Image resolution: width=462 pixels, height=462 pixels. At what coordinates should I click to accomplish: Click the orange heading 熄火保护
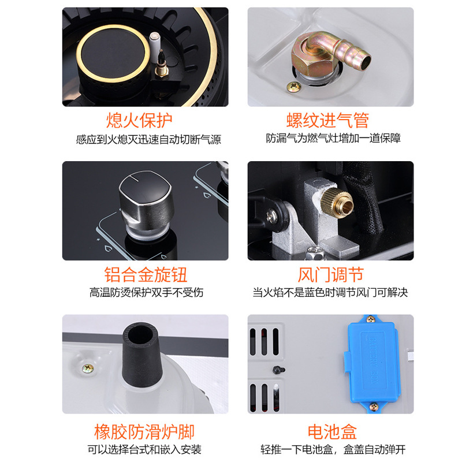pyautogui.click(x=139, y=120)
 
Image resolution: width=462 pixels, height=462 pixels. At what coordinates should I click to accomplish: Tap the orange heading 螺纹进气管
pyautogui.click(x=327, y=120)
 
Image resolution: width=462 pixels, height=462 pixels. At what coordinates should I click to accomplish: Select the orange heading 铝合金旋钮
pyautogui.click(x=146, y=274)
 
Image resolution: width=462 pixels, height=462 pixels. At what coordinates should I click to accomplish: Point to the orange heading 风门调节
pyautogui.click(x=330, y=274)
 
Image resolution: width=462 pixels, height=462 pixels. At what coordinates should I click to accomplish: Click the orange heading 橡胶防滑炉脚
pyautogui.click(x=144, y=431)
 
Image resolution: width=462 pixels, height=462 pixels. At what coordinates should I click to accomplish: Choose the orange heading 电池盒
pyautogui.click(x=332, y=431)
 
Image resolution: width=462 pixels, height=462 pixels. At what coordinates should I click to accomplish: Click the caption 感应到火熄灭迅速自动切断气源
pyautogui.click(x=148, y=139)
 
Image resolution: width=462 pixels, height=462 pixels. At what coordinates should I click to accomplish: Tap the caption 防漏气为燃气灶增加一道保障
pyautogui.click(x=333, y=138)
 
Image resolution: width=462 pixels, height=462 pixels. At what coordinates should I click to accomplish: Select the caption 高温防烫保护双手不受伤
pyautogui.click(x=147, y=292)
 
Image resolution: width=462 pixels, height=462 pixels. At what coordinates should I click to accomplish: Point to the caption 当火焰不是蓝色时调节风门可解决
pyautogui.click(x=330, y=292)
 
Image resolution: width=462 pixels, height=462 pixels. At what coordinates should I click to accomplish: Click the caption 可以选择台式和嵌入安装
pyautogui.click(x=144, y=450)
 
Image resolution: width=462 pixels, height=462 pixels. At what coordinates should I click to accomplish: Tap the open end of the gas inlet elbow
pyautogui.click(x=366, y=61)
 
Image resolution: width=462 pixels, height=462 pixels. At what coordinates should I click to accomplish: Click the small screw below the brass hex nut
pyautogui.click(x=294, y=87)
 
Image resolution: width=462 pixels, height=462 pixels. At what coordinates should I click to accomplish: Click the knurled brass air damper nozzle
pyautogui.click(x=338, y=202)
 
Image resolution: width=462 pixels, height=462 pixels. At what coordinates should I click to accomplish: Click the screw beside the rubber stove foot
pyautogui.click(x=88, y=368)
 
